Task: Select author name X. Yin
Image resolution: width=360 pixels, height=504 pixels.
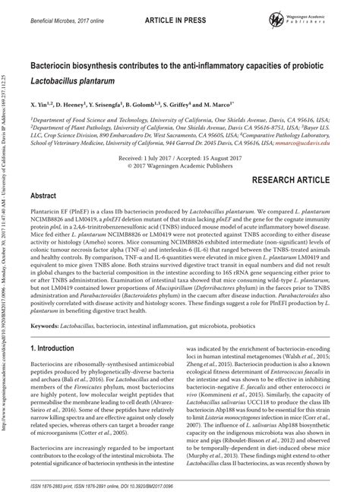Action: (43, 101)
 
